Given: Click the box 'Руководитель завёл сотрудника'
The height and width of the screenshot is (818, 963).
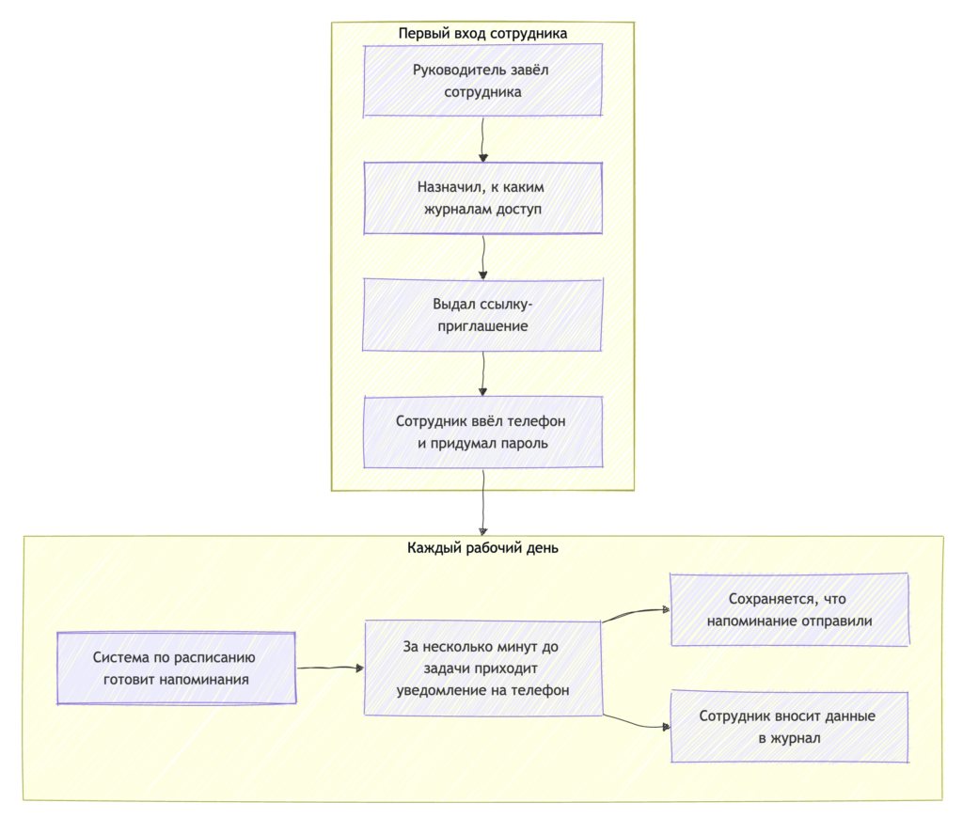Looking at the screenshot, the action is point(482,81).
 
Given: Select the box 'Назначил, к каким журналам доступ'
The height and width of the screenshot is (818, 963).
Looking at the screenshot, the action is point(482,197).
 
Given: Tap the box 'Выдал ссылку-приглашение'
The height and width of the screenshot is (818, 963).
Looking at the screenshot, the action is point(482,315).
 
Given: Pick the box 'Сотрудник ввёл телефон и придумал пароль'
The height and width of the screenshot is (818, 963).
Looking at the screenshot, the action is point(482,432).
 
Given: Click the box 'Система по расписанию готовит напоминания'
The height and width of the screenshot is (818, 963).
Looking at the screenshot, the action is point(176,669).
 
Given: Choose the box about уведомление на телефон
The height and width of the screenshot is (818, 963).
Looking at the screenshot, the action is point(482,669).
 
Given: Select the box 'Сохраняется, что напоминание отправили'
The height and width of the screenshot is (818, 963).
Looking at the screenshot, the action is point(790,610).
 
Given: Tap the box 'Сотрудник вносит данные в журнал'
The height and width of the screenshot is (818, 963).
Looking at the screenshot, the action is point(790,727).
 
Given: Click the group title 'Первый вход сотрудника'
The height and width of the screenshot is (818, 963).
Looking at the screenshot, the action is point(482,33).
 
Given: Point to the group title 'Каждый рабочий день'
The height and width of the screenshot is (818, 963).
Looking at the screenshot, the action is point(482,548).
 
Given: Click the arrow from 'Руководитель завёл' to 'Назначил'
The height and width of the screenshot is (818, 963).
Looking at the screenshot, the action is point(482,139).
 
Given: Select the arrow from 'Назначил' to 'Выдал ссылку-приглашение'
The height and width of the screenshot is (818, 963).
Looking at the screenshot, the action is point(482,257).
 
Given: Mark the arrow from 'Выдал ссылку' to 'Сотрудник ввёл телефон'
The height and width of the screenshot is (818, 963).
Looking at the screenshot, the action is point(482,374).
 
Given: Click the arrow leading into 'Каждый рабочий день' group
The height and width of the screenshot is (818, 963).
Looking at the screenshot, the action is point(482,502).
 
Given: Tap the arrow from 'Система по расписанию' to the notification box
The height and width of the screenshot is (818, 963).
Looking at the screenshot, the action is point(330,669).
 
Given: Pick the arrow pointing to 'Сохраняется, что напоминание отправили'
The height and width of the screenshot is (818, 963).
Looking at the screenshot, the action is point(636,612).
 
